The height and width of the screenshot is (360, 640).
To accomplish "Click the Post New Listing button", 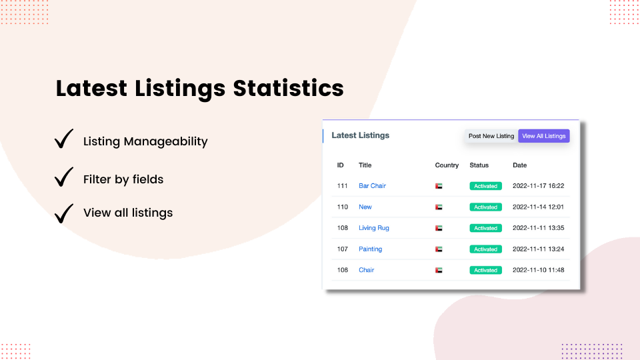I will (491, 136).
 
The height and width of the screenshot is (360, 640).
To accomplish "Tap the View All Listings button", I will (544, 136).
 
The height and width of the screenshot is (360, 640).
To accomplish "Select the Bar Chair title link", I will (372, 186).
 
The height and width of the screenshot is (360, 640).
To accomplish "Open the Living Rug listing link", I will (373, 228).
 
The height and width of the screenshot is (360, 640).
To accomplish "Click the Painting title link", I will (370, 249).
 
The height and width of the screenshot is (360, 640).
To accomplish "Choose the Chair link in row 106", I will (366, 270).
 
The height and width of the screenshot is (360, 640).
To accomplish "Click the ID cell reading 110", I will (343, 207).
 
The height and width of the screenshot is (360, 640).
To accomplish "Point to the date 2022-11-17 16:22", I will (538, 186).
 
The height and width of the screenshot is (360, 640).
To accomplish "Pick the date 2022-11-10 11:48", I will (538, 270).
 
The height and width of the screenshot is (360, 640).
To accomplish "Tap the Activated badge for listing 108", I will (485, 228).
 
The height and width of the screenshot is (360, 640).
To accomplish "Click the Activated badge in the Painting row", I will (485, 249).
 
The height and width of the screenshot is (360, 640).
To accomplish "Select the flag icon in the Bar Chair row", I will (439, 186).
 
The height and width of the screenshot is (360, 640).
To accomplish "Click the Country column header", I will (447, 165).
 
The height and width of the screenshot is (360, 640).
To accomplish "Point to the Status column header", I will (479, 165).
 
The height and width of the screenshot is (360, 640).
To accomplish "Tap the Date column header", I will (519, 165).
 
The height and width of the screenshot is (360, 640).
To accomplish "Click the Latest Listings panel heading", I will (360, 135).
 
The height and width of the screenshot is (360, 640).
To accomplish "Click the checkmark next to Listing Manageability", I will (64, 139).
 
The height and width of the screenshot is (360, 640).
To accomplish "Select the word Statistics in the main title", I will (288, 89).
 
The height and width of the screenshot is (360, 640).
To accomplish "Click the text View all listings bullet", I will (128, 213).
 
